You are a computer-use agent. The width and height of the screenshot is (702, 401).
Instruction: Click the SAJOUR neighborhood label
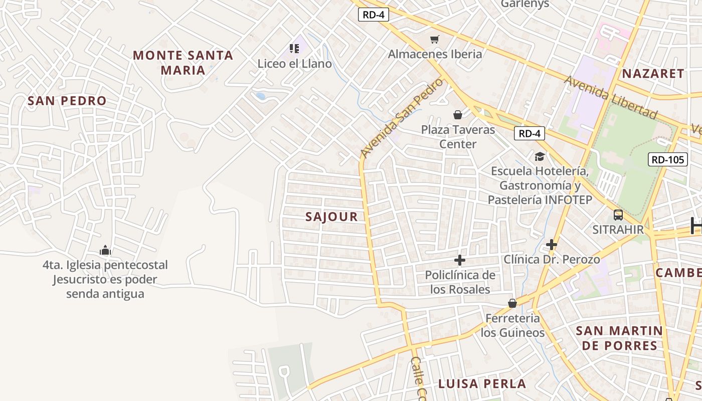tap(331, 217)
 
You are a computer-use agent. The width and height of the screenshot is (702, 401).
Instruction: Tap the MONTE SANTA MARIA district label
tap(183, 63)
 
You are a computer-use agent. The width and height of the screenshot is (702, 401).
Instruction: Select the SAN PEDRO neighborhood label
tap(67, 101)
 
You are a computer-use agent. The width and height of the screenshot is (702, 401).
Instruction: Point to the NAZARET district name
tap(653, 74)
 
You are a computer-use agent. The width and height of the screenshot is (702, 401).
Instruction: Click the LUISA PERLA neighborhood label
tap(482, 384)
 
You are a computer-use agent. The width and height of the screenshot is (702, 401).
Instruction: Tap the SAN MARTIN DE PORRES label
tap(619, 338)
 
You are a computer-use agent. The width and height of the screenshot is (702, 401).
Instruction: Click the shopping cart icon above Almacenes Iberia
tap(435, 39)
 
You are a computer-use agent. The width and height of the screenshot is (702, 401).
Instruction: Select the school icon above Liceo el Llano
tap(294, 49)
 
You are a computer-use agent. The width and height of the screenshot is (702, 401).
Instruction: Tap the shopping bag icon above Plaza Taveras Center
tap(457, 115)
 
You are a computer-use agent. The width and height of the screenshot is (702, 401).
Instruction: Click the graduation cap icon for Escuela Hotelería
tap(540, 156)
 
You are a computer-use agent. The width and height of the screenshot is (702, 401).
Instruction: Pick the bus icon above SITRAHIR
tap(618, 215)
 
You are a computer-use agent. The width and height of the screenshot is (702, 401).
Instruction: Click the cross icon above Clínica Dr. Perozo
tap(552, 245)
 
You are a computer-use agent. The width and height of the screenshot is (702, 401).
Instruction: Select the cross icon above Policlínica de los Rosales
tap(459, 260)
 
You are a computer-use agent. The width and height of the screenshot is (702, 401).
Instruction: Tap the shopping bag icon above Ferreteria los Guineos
tap(512, 303)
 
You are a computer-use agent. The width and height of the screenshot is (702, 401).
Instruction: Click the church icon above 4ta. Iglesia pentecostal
tap(105, 250)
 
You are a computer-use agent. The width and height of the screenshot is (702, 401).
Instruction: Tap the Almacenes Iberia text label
tap(435, 54)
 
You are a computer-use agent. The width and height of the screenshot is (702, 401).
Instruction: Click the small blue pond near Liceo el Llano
tap(260, 96)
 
